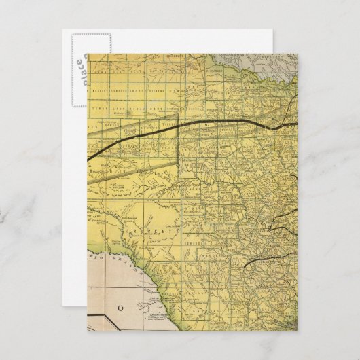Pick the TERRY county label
101,107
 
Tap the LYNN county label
117,107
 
